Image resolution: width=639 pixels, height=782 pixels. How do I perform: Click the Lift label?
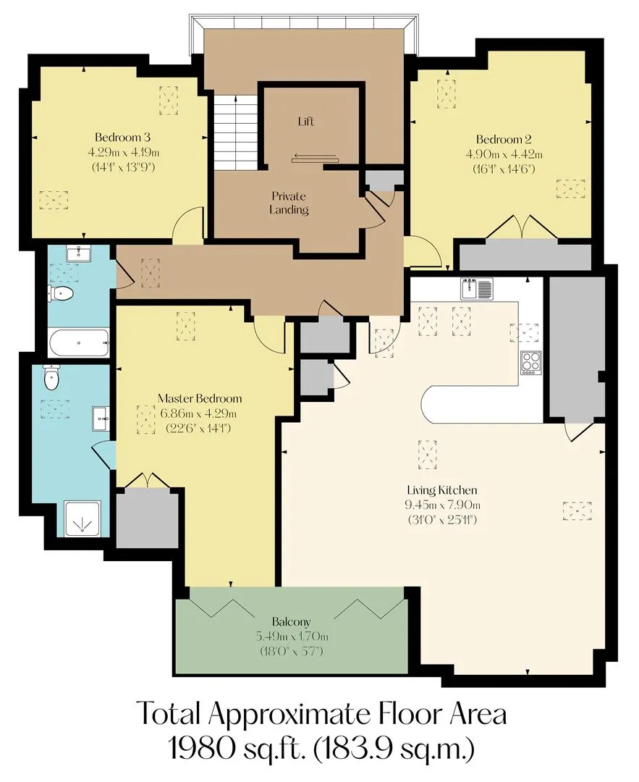305,121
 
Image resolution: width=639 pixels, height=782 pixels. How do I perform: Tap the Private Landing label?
289,203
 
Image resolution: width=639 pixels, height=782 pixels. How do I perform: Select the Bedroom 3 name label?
122,137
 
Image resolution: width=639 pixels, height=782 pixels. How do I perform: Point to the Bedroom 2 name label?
504,140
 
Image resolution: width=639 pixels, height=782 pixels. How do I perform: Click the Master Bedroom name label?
200,398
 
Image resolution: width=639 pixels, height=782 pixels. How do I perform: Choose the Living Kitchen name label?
442,490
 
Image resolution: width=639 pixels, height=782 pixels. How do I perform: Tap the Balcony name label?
291,622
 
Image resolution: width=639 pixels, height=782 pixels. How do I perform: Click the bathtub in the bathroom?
79,342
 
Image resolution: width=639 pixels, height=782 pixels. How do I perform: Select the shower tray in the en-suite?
82,519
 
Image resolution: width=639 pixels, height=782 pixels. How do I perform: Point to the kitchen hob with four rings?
531,363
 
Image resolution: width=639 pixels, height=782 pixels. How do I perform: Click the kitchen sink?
476,288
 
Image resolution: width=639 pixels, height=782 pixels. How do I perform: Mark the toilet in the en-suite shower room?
51,377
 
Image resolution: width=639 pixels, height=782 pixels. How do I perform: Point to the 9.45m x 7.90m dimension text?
442,505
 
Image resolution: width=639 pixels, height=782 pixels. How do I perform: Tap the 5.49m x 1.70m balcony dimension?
292,636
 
